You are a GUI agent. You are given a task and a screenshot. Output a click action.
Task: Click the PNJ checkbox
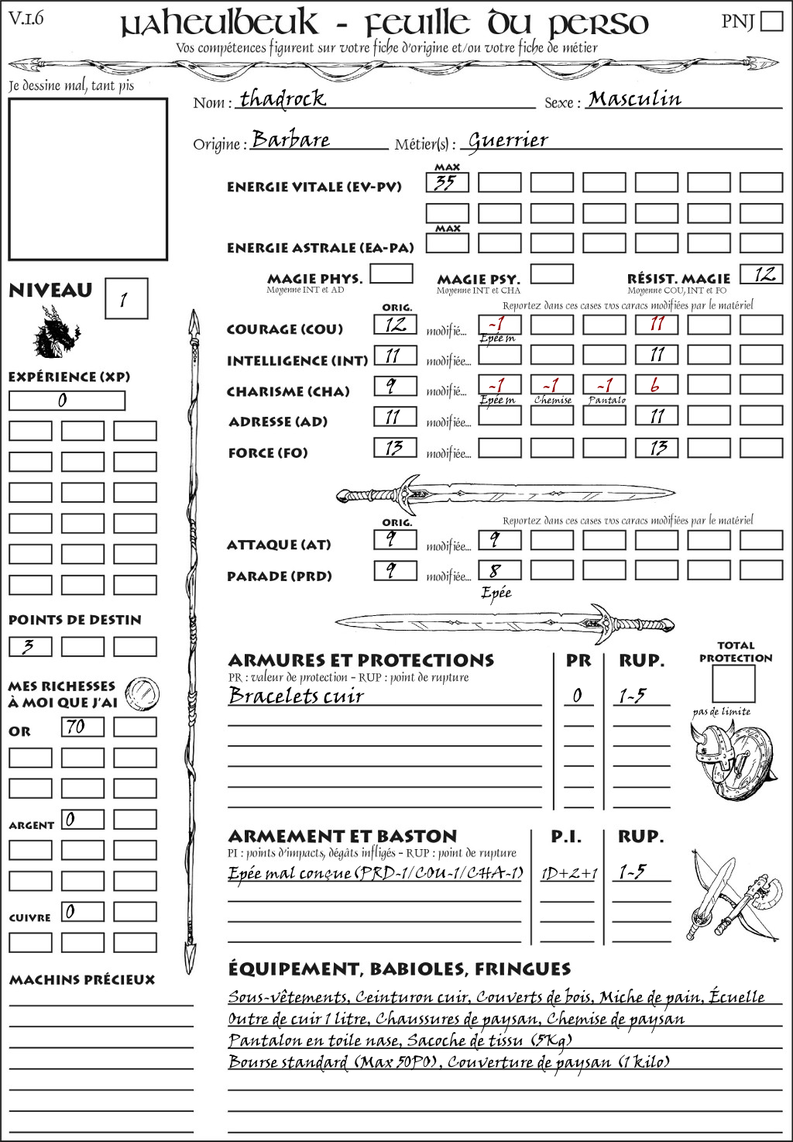[771, 20]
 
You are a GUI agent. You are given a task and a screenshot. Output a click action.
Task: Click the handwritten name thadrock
[283, 99]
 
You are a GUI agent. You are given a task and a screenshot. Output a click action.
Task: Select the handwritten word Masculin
[634, 99]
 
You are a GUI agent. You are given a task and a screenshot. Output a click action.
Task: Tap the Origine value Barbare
[291, 140]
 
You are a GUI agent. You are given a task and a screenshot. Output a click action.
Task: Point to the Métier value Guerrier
[508, 140]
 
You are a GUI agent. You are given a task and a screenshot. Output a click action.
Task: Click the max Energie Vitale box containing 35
[447, 183]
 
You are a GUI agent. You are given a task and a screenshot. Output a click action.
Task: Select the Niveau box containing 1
[125, 299]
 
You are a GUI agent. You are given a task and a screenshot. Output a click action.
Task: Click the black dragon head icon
[57, 332]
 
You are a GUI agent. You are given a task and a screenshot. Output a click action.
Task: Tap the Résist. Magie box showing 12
[760, 274]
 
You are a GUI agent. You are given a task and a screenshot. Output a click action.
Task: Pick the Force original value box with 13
[395, 448]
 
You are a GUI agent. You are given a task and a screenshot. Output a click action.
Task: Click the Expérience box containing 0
[67, 401]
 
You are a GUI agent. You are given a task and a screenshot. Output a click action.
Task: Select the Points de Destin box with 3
[30, 646]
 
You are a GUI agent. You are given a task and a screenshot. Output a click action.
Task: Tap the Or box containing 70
[82, 727]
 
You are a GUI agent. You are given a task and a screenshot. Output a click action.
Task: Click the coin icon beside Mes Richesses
[142, 693]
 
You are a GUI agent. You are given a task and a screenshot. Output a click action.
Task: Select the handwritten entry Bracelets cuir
[296, 696]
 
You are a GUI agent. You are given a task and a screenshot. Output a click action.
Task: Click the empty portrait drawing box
[88, 179]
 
